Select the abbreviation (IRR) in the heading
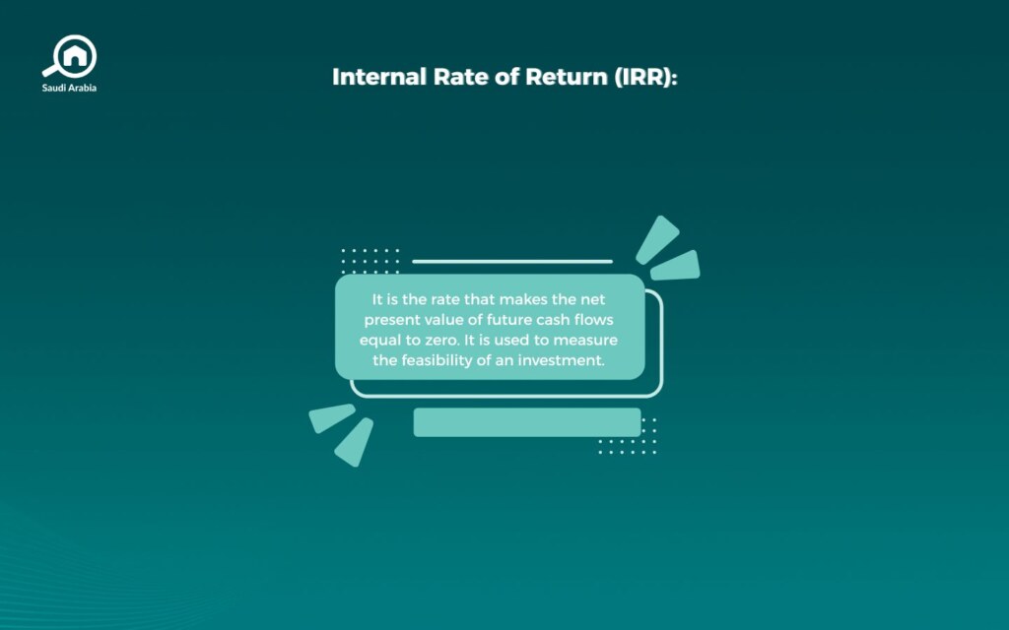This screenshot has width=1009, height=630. click(x=643, y=78)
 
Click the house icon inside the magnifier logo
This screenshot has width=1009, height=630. click(x=76, y=54)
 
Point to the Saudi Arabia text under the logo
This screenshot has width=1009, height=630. click(x=69, y=88)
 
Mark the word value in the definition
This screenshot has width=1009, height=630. click(x=447, y=320)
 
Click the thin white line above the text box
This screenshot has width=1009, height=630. click(x=511, y=262)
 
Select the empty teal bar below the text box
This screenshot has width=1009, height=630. click(x=527, y=422)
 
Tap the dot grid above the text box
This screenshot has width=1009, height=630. click(x=370, y=260)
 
